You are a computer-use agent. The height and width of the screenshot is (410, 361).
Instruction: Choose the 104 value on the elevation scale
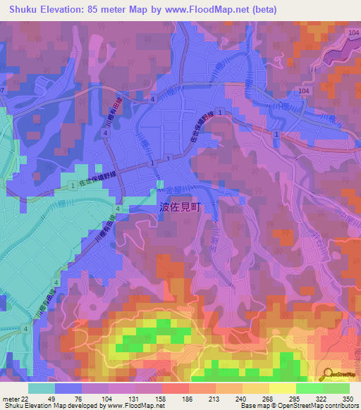coord(106,398)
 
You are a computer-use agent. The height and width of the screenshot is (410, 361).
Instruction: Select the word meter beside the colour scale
coord(11,398)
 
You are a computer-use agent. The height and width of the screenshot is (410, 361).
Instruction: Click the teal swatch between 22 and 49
coord(42,388)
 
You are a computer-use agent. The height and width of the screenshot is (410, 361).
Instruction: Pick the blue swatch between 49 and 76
coord(68,388)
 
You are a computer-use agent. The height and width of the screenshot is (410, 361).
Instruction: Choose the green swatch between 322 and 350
coord(336,388)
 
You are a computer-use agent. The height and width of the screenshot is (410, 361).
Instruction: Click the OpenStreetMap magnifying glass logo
coord(326,375)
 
